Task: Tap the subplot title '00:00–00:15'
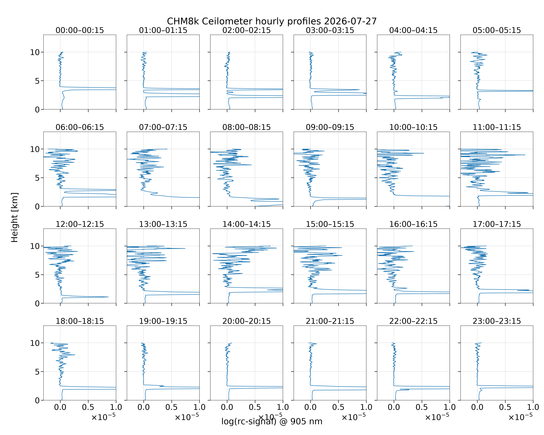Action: tap(80, 30)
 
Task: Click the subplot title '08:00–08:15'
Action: tap(246, 127)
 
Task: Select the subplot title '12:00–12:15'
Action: tap(80, 224)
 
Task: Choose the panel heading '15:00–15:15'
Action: tap(330, 224)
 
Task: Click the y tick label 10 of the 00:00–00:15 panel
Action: tap(35, 52)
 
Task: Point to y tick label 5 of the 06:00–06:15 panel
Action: tap(37, 178)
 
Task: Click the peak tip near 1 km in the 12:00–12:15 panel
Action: tap(108, 297)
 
